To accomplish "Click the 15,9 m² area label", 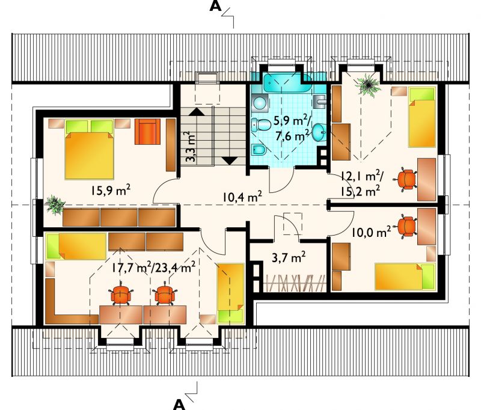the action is tap(110, 191).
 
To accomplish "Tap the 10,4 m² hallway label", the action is tap(242, 196).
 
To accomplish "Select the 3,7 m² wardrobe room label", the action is tap(289, 257).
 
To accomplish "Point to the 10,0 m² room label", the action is tap(371, 232).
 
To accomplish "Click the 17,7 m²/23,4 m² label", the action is tap(153, 268).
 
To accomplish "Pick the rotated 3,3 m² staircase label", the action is tap(191, 147).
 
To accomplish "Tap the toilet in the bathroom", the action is tap(260, 126).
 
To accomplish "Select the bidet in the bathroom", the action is tap(260, 150).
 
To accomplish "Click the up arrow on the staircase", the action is tap(197, 111).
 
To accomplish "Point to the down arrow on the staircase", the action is tap(229, 161).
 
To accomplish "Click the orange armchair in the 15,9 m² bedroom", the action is tap(147, 132).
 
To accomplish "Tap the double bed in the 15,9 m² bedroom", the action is tap(89, 149).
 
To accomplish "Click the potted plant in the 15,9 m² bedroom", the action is tap(55, 204).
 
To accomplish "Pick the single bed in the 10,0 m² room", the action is tap(405, 277).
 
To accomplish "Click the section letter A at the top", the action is tap(215, 6).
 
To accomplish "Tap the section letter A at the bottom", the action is tap(179, 405).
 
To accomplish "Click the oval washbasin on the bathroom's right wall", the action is tap(319, 132).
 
